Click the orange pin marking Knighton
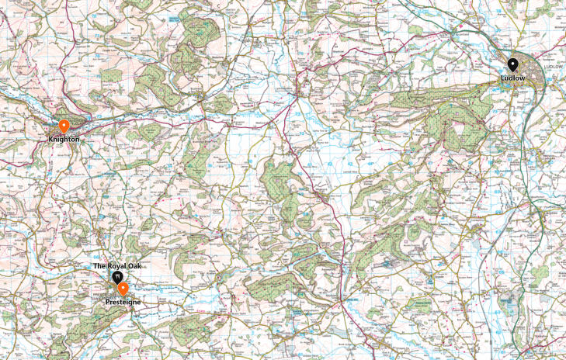(64, 126)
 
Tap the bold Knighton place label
(64, 139)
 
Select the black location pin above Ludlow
(512, 65)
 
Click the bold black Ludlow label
(512, 78)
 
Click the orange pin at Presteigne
(123, 289)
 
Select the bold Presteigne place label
(123, 301)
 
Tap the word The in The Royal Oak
(99, 266)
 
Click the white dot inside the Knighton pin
(64, 124)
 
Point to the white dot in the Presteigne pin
(123, 288)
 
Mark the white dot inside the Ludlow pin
(512, 64)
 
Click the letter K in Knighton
(50, 139)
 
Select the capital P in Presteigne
(107, 301)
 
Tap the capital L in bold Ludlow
(502, 78)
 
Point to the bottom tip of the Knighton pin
(64, 133)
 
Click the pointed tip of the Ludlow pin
(512, 73)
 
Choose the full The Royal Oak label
(118, 266)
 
